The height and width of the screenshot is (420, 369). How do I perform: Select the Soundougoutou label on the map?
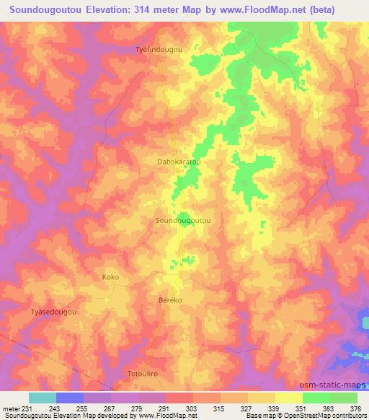(183, 222)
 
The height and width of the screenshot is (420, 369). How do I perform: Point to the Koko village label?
(110, 277)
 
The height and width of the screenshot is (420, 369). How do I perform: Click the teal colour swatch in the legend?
(43, 398)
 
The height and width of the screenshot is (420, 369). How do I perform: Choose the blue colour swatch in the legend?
(70, 398)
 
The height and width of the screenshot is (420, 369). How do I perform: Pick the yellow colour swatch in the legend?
(289, 398)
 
